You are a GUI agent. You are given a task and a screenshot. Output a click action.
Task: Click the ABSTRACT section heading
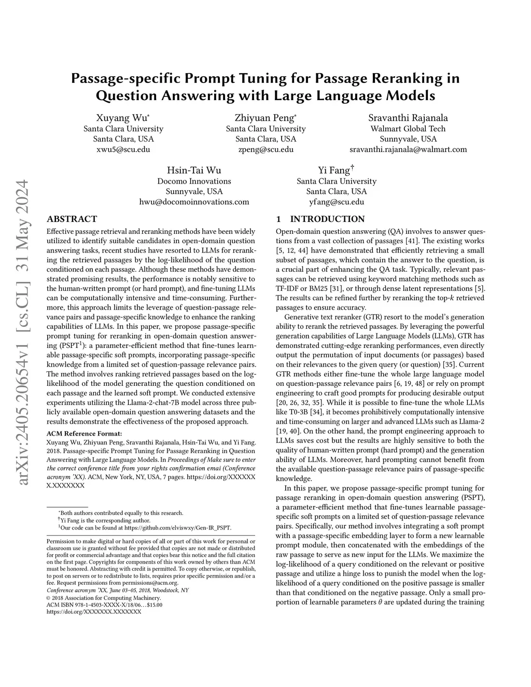[72, 219]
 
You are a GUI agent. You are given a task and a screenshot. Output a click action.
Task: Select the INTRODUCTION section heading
[327, 219]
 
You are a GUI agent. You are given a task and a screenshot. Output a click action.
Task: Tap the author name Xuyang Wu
[123, 118]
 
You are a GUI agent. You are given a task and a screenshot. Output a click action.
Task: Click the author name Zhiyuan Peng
[265, 118]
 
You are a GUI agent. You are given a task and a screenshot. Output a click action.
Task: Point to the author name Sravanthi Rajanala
[408, 118]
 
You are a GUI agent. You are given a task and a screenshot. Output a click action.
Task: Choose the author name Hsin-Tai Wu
[194, 171]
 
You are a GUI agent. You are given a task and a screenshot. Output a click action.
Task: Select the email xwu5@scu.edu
[123, 149]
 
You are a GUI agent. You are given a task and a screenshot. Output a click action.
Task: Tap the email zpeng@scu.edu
[265, 149]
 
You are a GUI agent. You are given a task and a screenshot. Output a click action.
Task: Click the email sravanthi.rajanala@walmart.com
[408, 149]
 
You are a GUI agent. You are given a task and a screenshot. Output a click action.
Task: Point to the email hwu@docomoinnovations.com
[194, 202]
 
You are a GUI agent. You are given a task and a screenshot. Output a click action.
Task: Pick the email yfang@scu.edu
[337, 202]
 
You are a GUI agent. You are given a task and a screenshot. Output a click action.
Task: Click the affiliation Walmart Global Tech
[408, 129]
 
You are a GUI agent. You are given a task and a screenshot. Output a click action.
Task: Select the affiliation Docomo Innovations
[194, 181]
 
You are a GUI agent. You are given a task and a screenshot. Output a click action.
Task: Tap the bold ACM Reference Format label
[85, 433]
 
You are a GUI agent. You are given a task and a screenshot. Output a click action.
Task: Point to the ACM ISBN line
[104, 605]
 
